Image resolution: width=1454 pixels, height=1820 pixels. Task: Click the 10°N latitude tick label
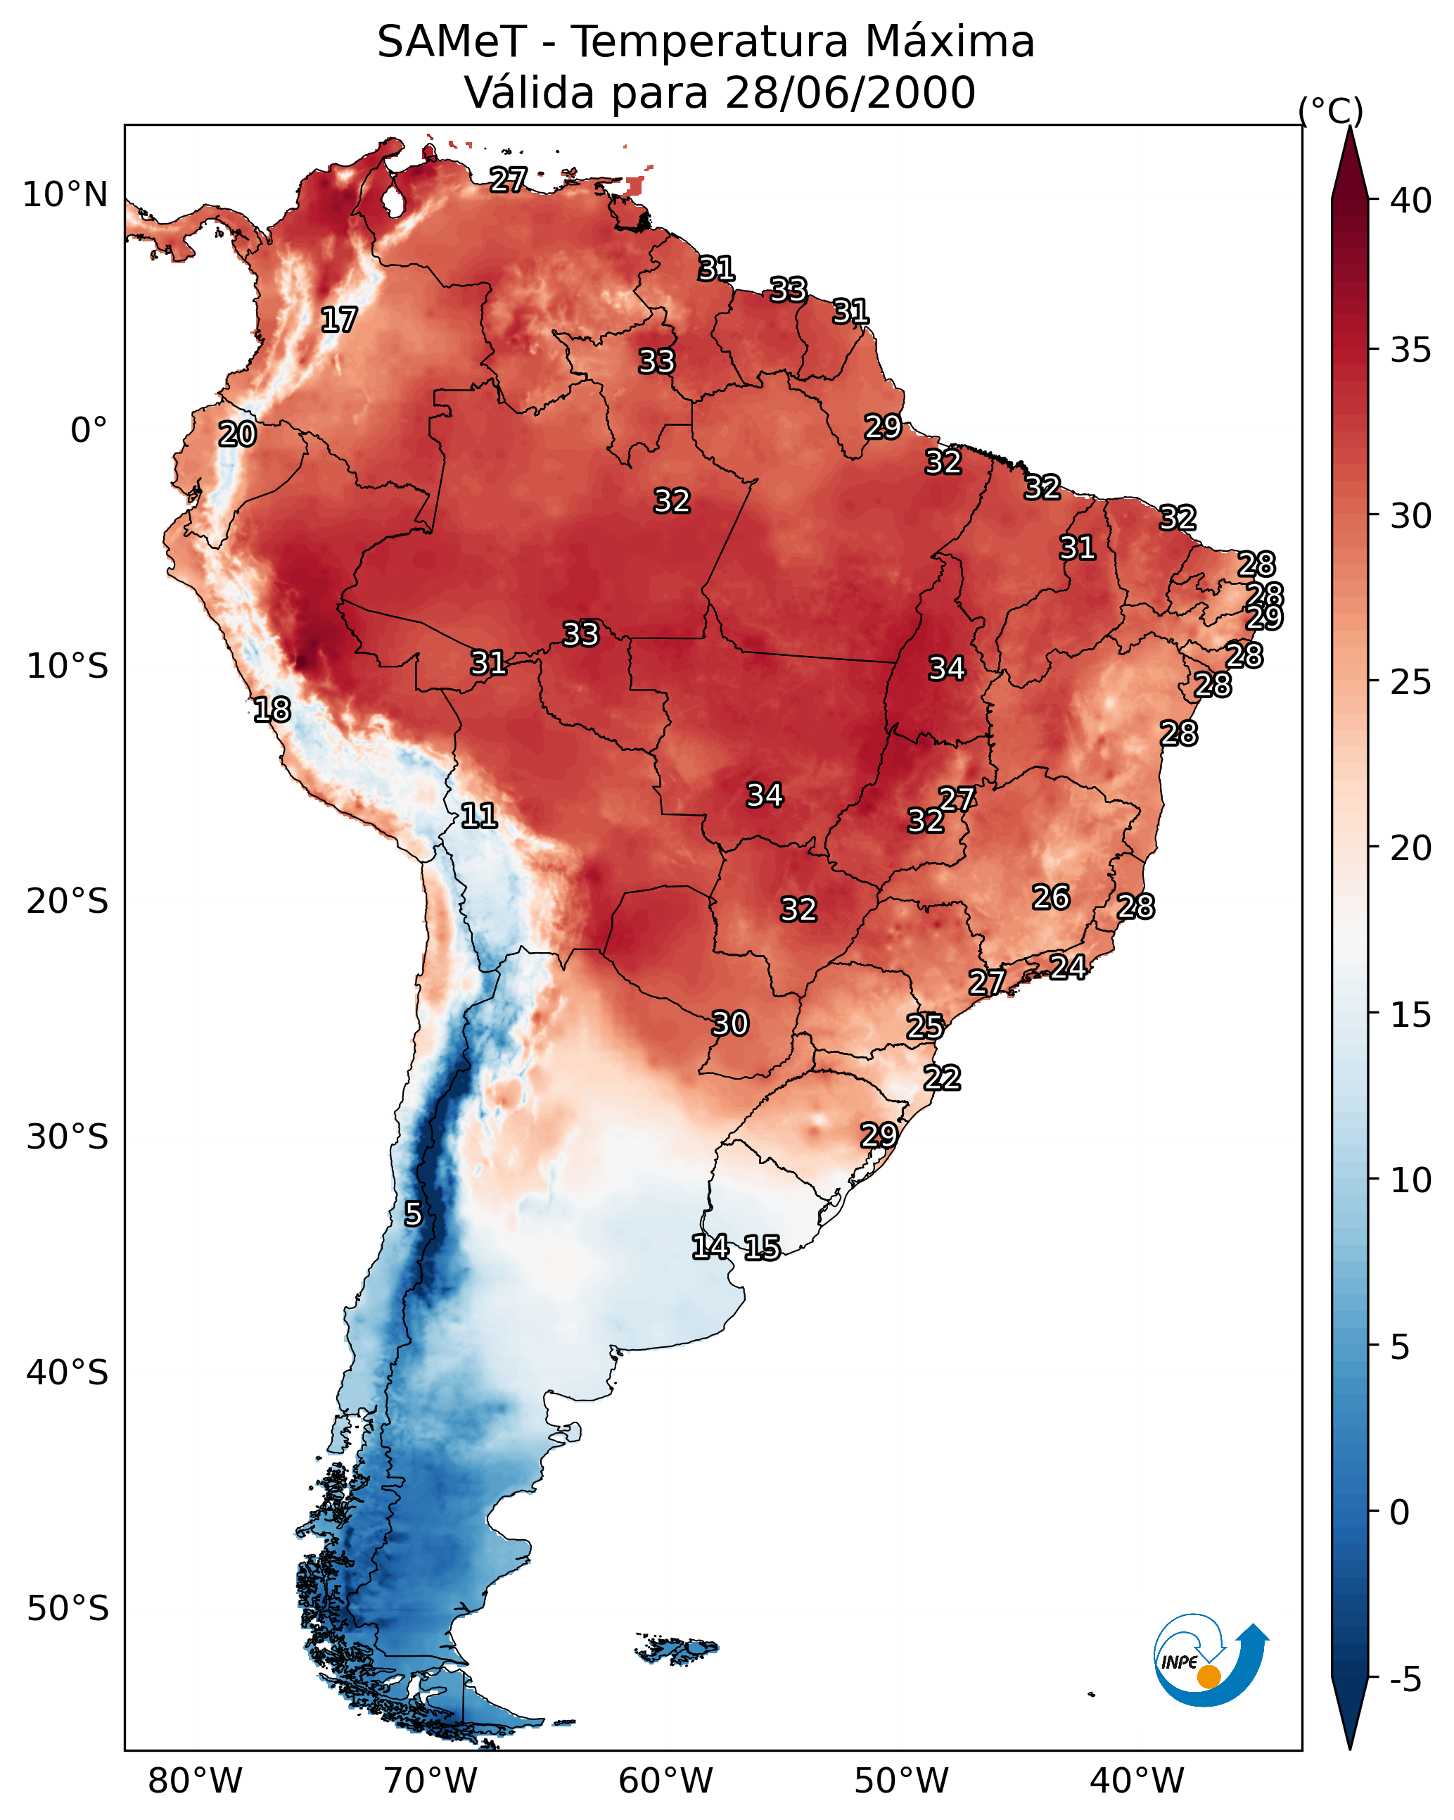65,195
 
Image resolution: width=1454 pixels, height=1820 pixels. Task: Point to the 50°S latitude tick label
68,1609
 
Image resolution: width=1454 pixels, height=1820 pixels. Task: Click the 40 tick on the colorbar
1411,201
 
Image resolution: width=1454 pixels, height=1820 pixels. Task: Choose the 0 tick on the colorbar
1399,1512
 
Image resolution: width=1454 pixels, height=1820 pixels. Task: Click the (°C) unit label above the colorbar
1330,110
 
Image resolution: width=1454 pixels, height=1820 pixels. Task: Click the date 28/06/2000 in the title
850,93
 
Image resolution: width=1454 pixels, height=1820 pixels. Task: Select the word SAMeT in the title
452,42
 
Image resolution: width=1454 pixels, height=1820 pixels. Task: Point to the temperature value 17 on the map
339,320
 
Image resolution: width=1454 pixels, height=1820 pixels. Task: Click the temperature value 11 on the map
478,816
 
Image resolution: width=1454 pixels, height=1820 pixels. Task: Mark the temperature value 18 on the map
272,710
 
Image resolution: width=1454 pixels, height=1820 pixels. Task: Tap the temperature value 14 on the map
710,1247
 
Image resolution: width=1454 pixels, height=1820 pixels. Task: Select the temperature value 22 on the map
942,1078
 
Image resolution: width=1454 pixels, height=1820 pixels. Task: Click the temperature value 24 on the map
1068,966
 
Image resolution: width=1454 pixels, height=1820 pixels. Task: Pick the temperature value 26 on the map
1051,897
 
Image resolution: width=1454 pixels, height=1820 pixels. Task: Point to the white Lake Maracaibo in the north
393,201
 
